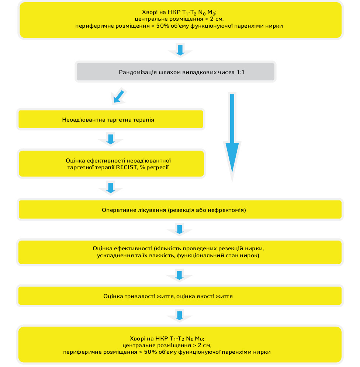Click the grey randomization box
point(176,71)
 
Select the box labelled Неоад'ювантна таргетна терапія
point(111,120)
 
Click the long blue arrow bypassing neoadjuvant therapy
point(232,133)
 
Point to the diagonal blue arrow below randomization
point(119,97)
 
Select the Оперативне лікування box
point(180,210)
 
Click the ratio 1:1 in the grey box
point(240,72)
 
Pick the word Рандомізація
point(138,72)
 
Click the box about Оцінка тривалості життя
point(180,296)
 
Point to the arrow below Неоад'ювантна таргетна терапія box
point(111,139)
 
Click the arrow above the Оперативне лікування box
point(111,188)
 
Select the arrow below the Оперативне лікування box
point(180,230)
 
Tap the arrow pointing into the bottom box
point(180,316)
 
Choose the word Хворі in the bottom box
point(138,339)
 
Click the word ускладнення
point(114,255)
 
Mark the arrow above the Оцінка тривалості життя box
point(179,276)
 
